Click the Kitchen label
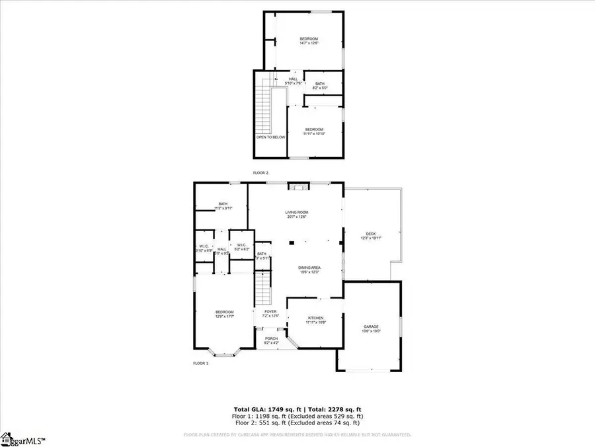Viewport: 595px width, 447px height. (x=314, y=321)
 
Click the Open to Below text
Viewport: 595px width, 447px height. (x=270, y=137)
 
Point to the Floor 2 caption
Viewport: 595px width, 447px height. (x=260, y=173)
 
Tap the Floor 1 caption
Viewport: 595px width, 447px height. (x=201, y=364)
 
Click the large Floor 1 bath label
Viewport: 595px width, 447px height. (x=223, y=206)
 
